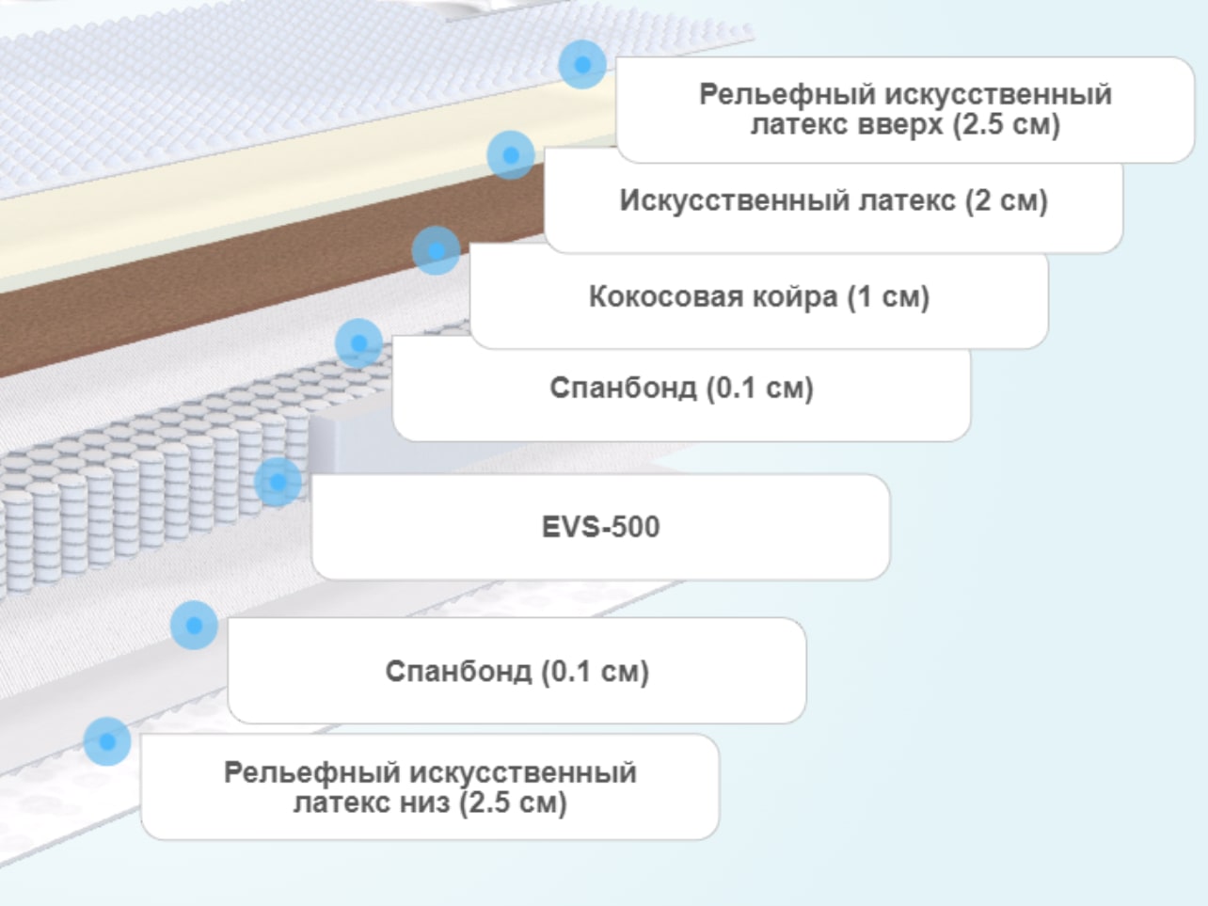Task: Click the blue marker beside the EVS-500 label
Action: point(278,482)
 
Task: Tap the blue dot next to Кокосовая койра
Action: point(436,250)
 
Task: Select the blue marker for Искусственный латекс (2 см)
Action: point(511,155)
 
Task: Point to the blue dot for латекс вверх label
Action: point(582,64)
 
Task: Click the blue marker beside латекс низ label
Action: point(107,741)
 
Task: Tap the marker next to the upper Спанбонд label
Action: point(358,343)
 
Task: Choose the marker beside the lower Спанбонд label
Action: point(194,625)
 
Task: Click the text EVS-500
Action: point(600,527)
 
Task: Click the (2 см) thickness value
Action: point(1007,200)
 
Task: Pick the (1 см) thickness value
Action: point(888,297)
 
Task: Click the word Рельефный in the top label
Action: point(787,95)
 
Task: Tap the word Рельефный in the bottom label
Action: point(312,773)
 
